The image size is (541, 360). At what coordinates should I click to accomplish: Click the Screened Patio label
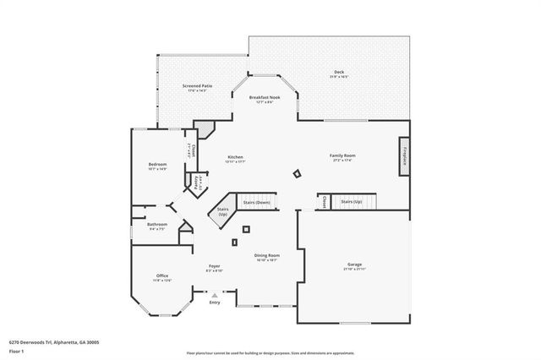(x=199, y=87)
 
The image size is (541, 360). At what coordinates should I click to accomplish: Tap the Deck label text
(x=338, y=74)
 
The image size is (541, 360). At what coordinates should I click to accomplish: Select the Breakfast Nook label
(x=264, y=99)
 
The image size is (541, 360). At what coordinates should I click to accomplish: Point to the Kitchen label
(x=236, y=158)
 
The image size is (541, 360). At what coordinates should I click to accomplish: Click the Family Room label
(x=342, y=156)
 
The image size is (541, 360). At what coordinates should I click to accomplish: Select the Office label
(x=162, y=276)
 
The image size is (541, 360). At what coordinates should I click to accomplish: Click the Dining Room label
(x=267, y=256)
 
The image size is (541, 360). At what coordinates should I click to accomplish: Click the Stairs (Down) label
(x=257, y=203)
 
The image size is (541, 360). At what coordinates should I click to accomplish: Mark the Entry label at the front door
(x=215, y=302)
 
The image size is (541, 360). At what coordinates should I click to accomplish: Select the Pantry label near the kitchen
(x=198, y=182)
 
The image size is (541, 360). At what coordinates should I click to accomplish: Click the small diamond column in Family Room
(x=297, y=174)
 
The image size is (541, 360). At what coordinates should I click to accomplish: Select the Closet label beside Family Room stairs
(x=325, y=202)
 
